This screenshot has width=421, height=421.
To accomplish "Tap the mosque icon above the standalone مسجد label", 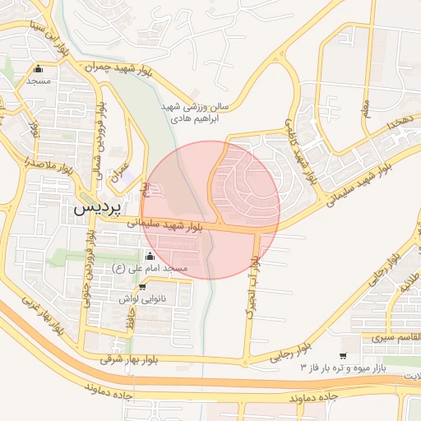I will click(39, 69).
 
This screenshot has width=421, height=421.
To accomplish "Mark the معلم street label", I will click(366, 106).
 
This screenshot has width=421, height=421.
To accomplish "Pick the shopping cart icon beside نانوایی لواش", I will click(143, 287).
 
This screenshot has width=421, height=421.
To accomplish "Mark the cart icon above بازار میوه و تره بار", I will click(343, 355).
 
